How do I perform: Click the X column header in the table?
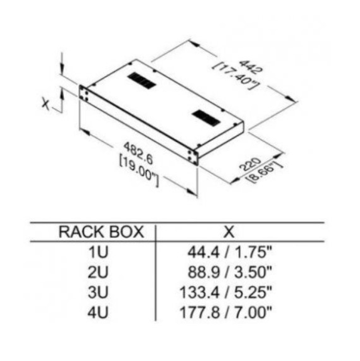pyautogui.click(x=229, y=232)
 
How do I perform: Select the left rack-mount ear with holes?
pyautogui.click(x=84, y=93)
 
